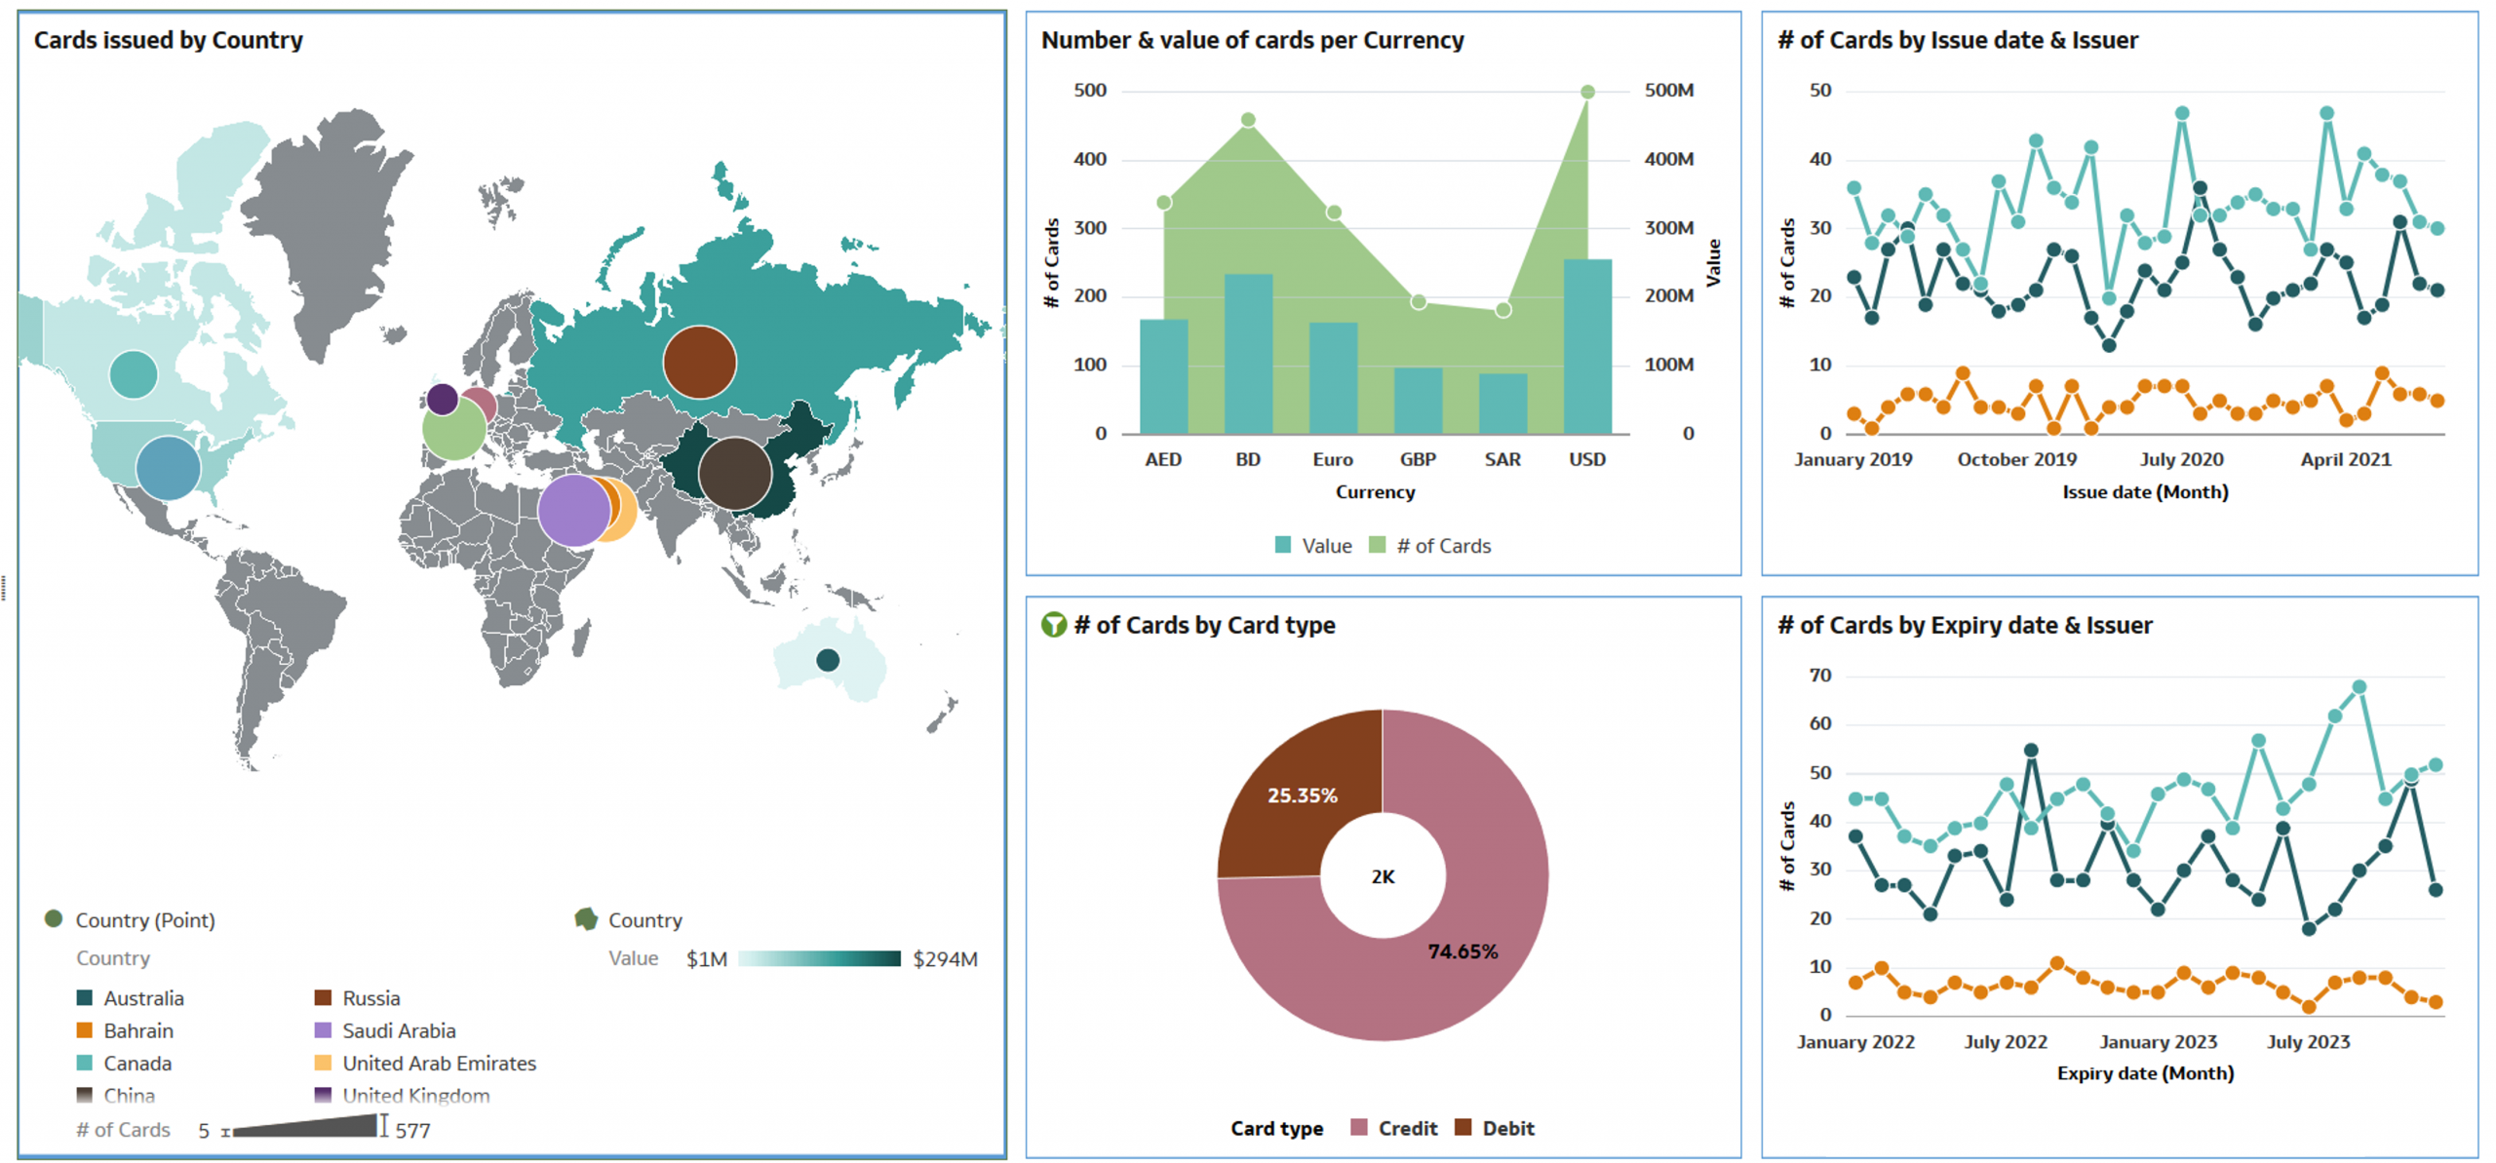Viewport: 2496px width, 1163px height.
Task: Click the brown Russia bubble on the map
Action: click(x=699, y=362)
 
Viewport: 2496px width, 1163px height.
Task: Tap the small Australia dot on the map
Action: click(x=827, y=660)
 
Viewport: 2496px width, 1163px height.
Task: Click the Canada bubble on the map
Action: click(x=134, y=374)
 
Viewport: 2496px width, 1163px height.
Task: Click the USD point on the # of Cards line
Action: click(x=1587, y=92)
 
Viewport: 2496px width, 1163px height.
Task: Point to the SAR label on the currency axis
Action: click(x=1501, y=459)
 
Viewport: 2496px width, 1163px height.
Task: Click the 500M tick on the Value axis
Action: click(x=1668, y=91)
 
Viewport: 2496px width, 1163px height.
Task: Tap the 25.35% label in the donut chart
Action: click(x=1302, y=795)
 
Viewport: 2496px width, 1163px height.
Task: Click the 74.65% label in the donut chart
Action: click(x=1462, y=951)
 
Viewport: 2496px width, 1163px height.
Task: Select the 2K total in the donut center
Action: click(x=1383, y=876)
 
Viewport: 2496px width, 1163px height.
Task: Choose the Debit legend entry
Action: click(x=1495, y=1128)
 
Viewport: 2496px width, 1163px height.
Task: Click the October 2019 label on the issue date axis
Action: click(x=2016, y=459)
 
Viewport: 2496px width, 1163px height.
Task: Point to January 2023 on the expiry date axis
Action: click(x=2158, y=1041)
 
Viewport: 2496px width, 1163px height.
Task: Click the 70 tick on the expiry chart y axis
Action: click(x=1819, y=676)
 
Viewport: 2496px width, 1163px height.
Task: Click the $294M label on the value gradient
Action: click(x=944, y=958)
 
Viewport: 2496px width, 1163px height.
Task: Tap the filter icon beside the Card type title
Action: click(x=1053, y=625)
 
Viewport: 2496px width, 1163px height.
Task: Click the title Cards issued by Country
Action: click(x=168, y=40)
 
